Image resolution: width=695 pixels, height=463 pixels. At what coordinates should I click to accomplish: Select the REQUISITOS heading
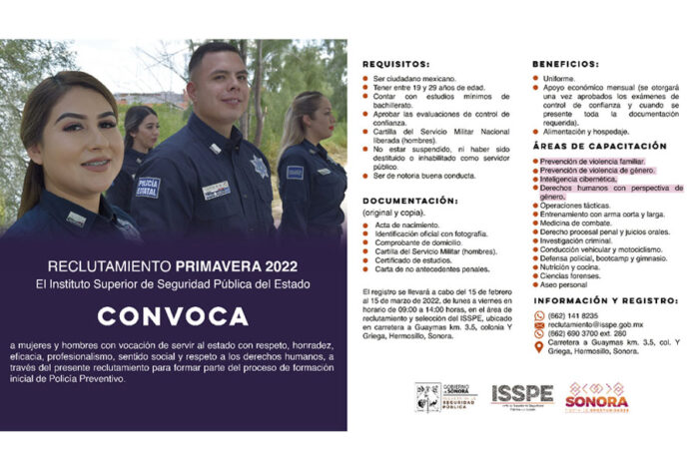(394, 62)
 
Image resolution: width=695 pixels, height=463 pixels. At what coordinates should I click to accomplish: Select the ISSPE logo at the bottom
(521, 395)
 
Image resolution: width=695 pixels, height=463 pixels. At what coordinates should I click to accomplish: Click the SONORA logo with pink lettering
(596, 395)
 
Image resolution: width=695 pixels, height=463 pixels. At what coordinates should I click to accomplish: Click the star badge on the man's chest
(261, 166)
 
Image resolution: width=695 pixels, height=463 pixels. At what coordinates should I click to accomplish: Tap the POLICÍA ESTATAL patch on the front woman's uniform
(147, 187)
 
